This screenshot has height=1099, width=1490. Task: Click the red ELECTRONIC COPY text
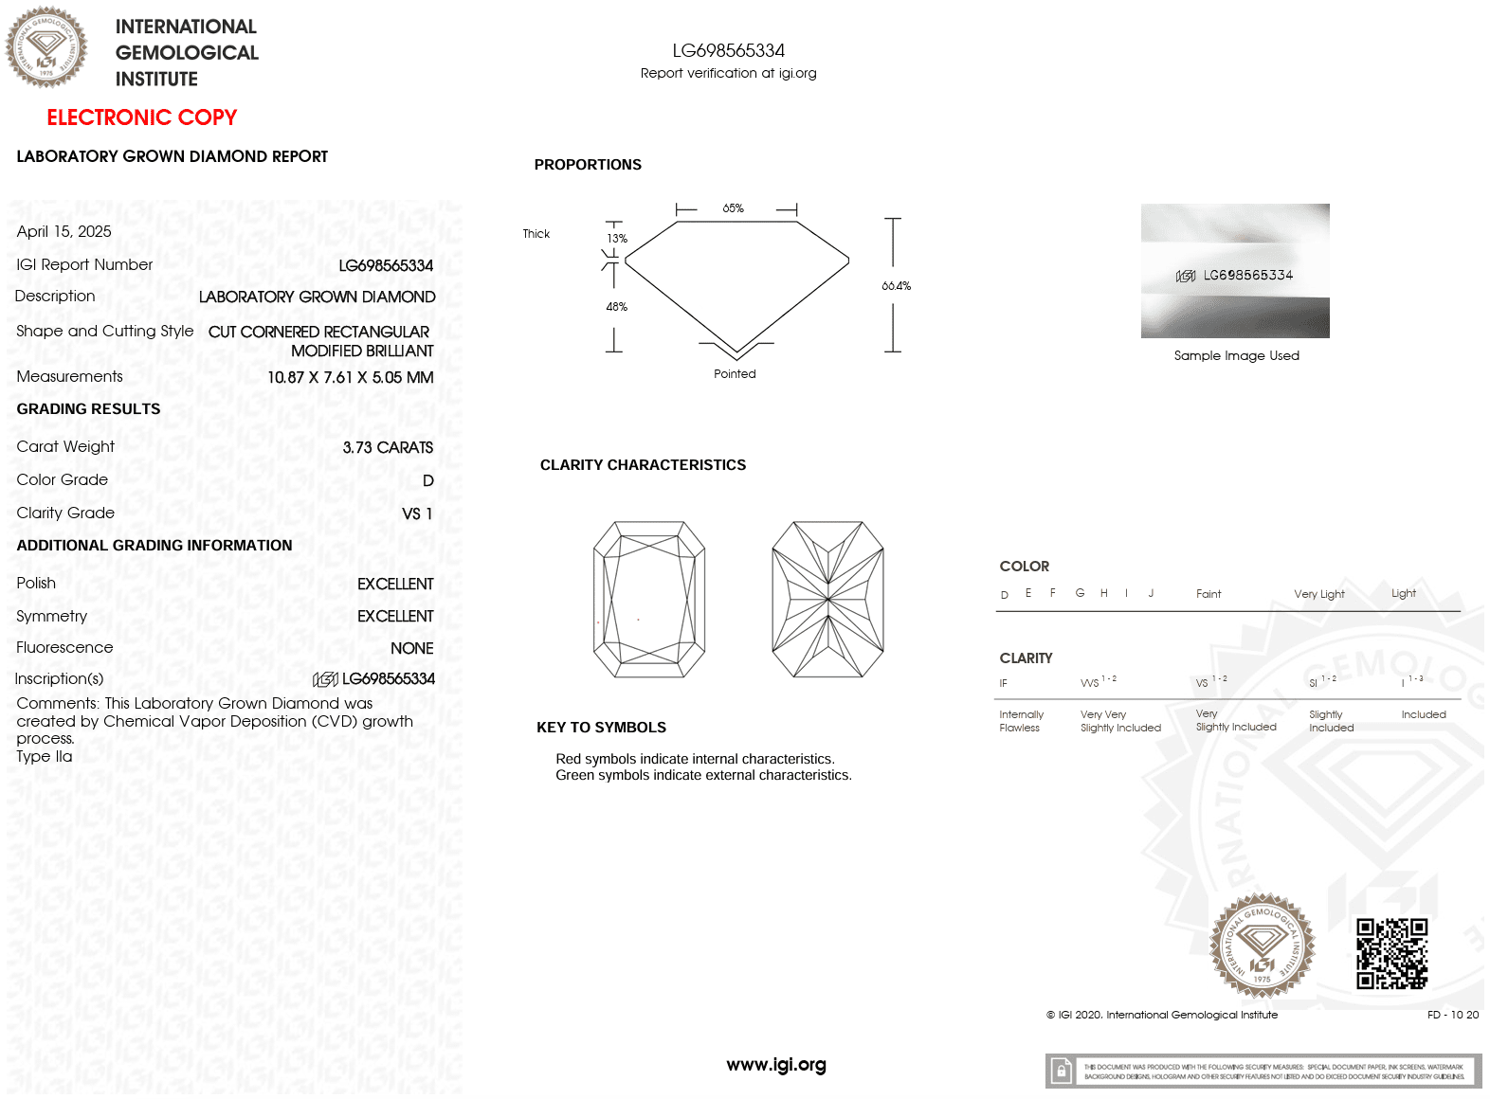(x=141, y=117)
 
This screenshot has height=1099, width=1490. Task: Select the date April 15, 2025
(x=64, y=232)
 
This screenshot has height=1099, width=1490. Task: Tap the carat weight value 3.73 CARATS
(x=388, y=447)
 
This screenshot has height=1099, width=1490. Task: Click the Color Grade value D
(x=427, y=481)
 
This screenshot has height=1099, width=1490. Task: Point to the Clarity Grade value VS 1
(x=417, y=513)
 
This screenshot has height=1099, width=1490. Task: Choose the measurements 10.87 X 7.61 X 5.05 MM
(x=350, y=377)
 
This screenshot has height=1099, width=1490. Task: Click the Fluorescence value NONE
(x=411, y=648)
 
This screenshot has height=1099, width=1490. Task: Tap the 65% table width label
(x=733, y=208)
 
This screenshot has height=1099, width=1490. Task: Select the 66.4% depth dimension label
(x=896, y=286)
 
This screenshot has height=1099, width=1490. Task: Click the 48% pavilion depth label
(x=616, y=307)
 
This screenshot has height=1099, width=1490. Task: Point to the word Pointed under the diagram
(x=735, y=374)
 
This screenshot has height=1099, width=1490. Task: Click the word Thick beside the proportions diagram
(x=536, y=234)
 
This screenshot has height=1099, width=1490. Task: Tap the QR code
(x=1391, y=953)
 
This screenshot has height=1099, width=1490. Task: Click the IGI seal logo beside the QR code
(x=1262, y=946)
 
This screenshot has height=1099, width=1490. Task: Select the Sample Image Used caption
(x=1236, y=356)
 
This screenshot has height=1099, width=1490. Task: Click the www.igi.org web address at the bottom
(x=775, y=1065)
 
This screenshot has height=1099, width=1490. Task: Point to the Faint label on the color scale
(x=1208, y=594)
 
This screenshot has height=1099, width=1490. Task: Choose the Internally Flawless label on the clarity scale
(x=1021, y=721)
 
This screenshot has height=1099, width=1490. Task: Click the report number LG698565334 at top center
(x=728, y=51)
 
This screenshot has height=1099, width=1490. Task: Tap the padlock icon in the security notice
(x=1062, y=1071)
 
